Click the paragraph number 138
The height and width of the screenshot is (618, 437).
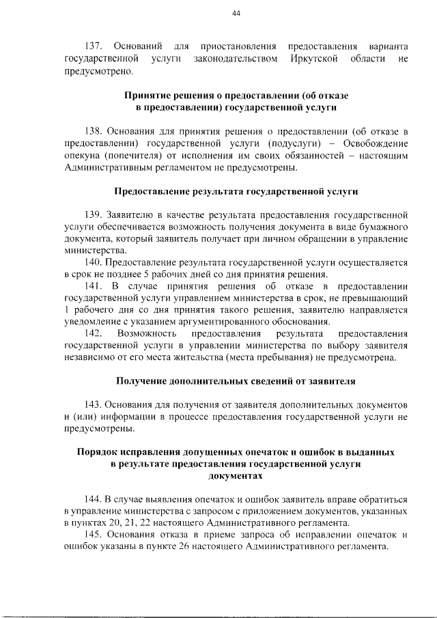coord(93,131)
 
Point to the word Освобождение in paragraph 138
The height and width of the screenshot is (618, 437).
coord(375,143)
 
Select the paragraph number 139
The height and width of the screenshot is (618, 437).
coord(93,214)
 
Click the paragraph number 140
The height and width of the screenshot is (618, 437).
coord(93,262)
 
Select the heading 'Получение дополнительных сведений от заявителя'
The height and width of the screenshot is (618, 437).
coord(236,381)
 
